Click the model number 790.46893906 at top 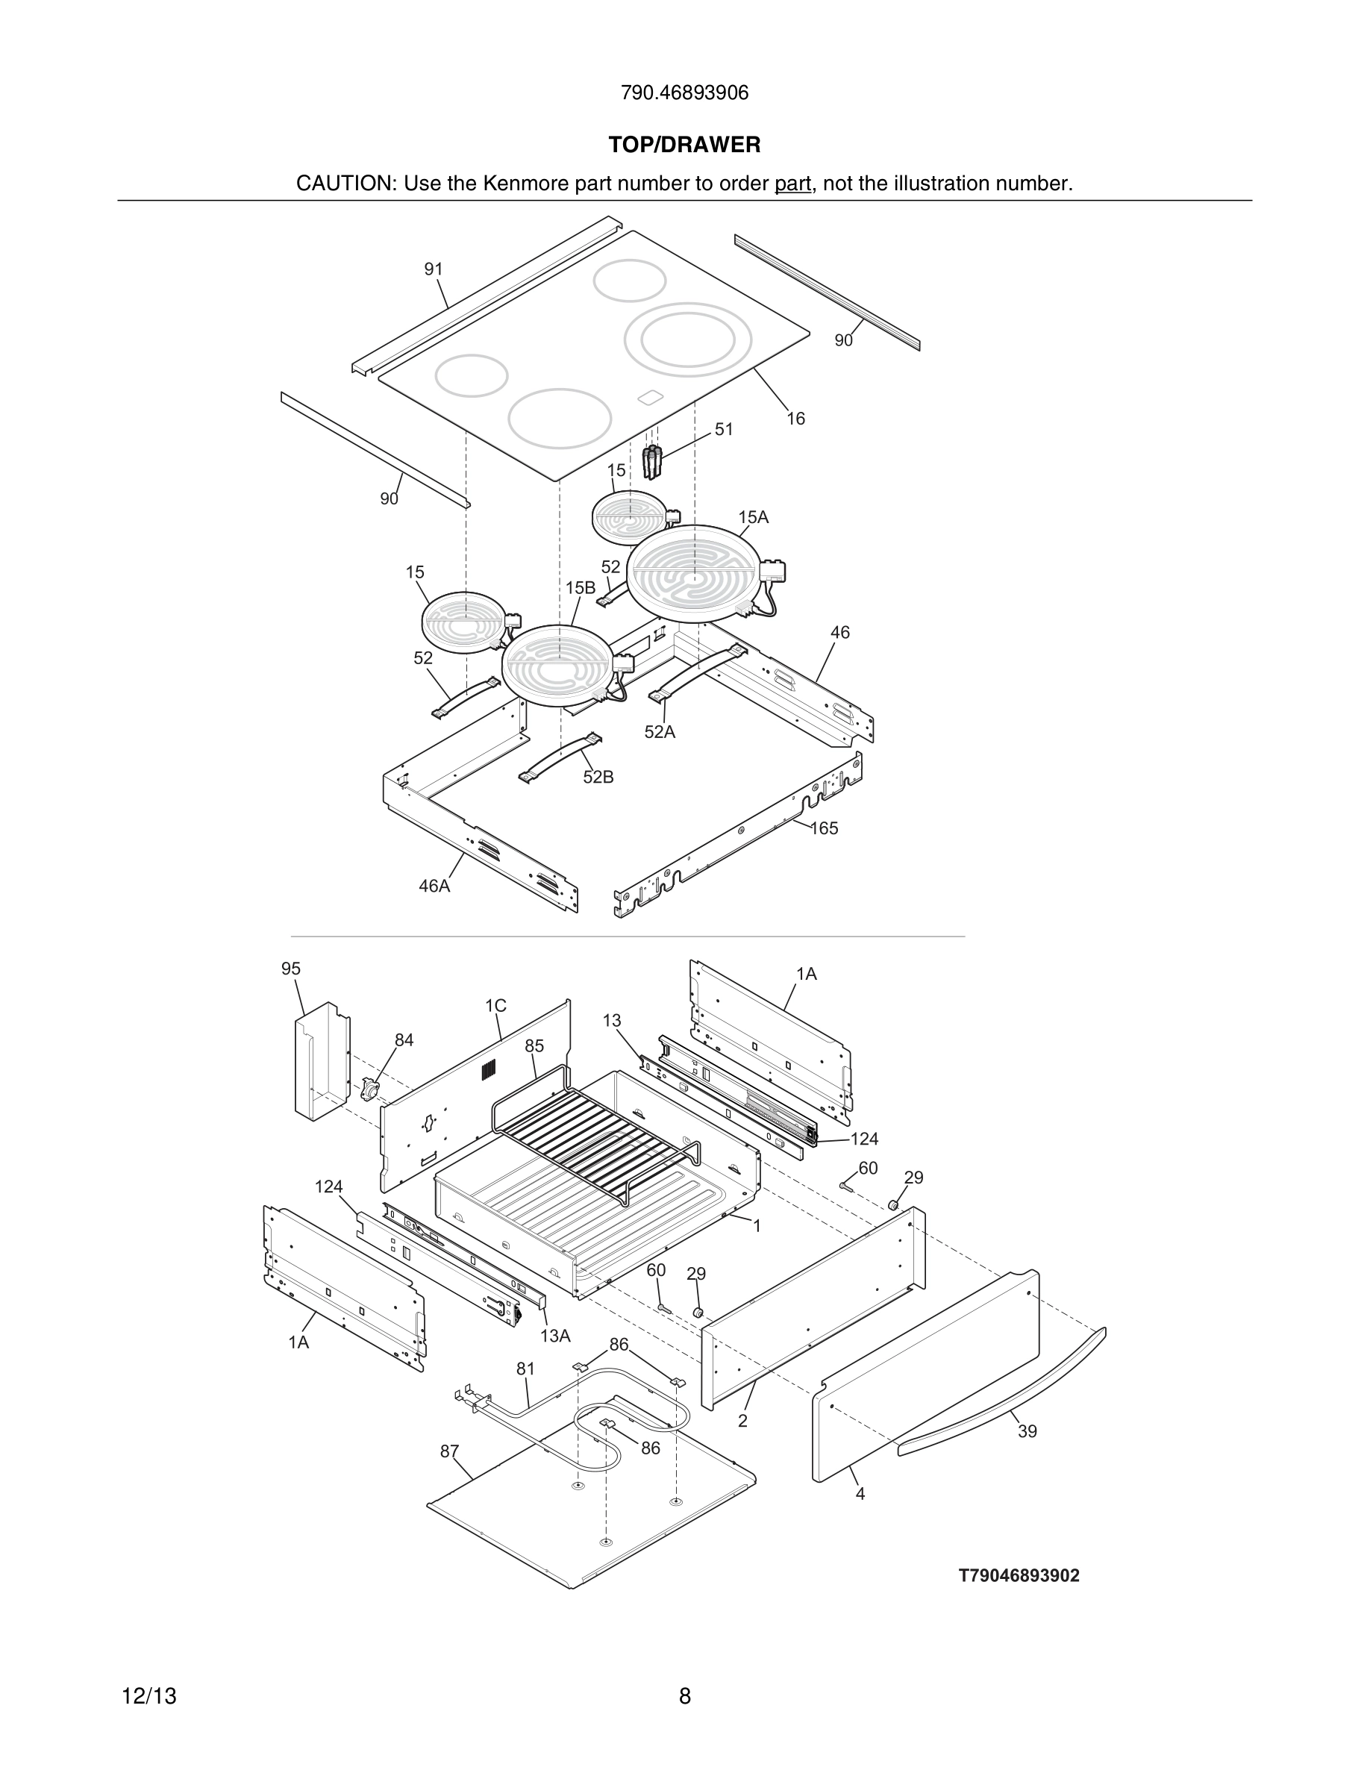tap(684, 93)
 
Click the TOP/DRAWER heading tap(684, 146)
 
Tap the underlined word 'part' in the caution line tap(792, 184)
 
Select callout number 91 tap(434, 269)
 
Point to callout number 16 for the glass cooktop tap(795, 418)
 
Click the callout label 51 tap(723, 430)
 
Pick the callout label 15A tap(753, 517)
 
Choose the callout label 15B tap(581, 588)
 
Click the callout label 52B tap(598, 777)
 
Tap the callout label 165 tap(824, 828)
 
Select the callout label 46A tap(434, 886)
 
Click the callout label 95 tap(290, 969)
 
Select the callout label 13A tap(555, 1336)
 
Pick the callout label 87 tap(450, 1451)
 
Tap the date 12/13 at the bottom tap(149, 1696)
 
